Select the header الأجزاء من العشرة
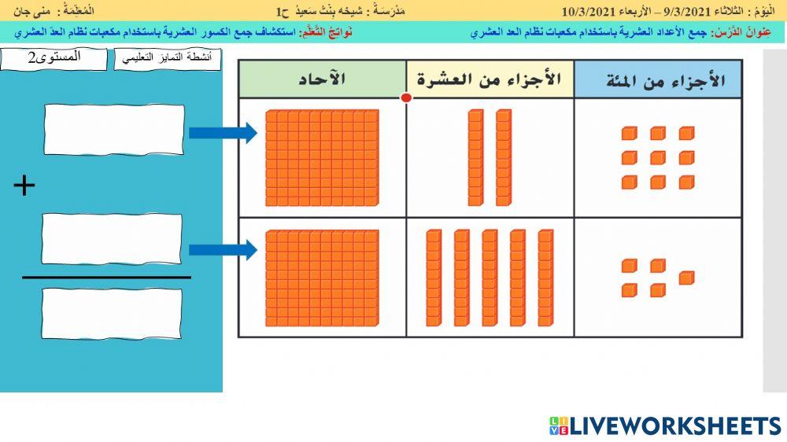tap(490, 79)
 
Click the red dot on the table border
tap(406, 98)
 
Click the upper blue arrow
tap(224, 132)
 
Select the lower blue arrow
tap(224, 251)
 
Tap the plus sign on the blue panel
tap(25, 186)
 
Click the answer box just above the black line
tap(112, 239)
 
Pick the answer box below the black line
tap(112, 313)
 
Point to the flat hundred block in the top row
tap(323, 157)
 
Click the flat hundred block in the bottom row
tap(323, 278)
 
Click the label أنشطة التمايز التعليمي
tap(168, 59)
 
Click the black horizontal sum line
tap(106, 277)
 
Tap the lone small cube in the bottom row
tap(686, 278)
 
